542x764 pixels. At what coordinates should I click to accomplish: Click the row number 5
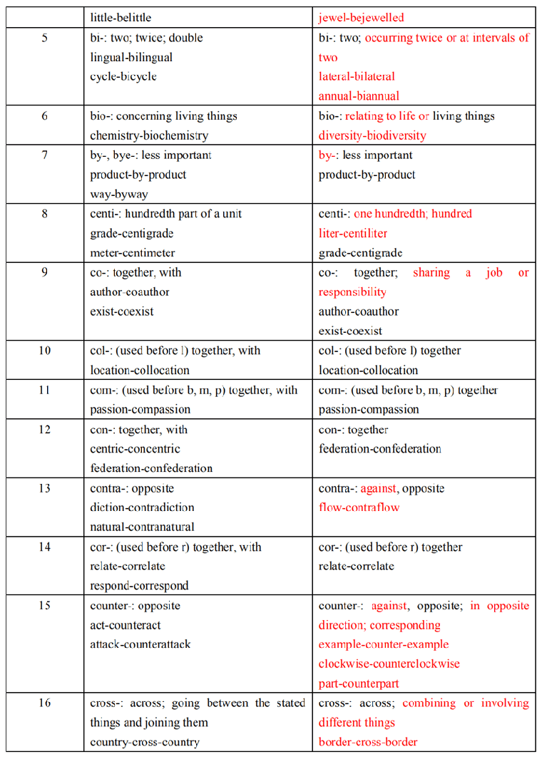[45, 38]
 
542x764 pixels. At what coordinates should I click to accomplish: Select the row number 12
[45, 430]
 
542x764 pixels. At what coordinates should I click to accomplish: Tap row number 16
[45, 703]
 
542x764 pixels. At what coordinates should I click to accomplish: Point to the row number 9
[45, 272]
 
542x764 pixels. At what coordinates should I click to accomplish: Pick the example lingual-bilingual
[131, 57]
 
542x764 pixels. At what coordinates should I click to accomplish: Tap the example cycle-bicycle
[123, 76]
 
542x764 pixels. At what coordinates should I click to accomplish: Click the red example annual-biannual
[359, 95]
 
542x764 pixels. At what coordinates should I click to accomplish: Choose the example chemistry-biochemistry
[149, 135]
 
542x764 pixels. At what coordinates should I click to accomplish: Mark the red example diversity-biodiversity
[372, 135]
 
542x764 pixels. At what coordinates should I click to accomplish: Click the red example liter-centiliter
[353, 233]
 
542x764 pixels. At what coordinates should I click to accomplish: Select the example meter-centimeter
[133, 252]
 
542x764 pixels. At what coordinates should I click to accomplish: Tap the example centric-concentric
[135, 449]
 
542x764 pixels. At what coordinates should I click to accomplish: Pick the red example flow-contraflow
[359, 507]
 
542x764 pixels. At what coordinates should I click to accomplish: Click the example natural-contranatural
[142, 527]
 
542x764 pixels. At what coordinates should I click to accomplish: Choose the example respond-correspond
[139, 586]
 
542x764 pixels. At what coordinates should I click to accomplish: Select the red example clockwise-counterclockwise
[389, 664]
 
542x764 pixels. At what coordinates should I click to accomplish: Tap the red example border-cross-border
[368, 742]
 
